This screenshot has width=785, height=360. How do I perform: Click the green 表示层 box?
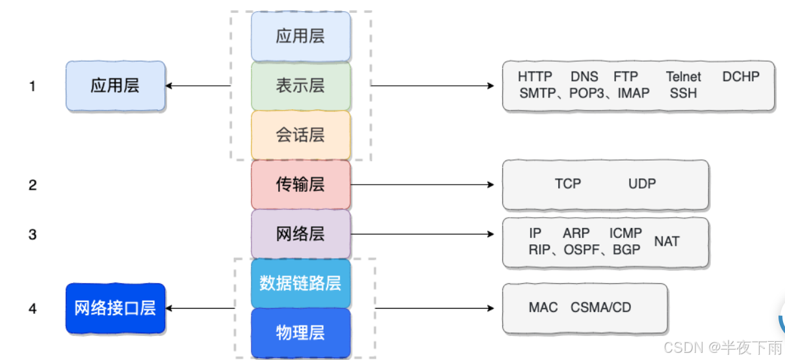pyautogui.click(x=301, y=86)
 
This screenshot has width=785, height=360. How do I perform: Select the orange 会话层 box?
pyautogui.click(x=301, y=135)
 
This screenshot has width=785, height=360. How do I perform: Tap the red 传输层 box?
pyautogui.click(x=301, y=185)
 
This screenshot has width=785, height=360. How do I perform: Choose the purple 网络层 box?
pyautogui.click(x=301, y=234)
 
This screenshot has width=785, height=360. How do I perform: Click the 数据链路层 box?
pyautogui.click(x=301, y=283)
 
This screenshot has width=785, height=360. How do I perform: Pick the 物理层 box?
pyautogui.click(x=301, y=333)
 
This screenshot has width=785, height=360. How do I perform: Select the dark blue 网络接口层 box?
pyautogui.click(x=116, y=308)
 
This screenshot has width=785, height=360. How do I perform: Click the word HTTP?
pyautogui.click(x=535, y=77)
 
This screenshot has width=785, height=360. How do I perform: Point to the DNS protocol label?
pyautogui.click(x=584, y=77)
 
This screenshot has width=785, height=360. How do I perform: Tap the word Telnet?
pyautogui.click(x=684, y=77)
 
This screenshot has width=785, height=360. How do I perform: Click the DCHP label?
pyautogui.click(x=741, y=77)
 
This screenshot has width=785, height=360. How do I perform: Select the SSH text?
pyautogui.click(x=683, y=94)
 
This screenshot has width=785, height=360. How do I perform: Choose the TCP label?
pyautogui.click(x=568, y=184)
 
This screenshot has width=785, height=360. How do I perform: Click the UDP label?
pyautogui.click(x=642, y=184)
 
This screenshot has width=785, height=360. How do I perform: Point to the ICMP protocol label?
pyautogui.click(x=626, y=233)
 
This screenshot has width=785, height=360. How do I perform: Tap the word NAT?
pyautogui.click(x=667, y=242)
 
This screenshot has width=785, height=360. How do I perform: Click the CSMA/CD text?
pyautogui.click(x=601, y=307)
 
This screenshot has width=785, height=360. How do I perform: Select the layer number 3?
pyautogui.click(x=32, y=234)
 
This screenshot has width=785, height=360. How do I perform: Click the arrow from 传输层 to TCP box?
pyautogui.click(x=422, y=185)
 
